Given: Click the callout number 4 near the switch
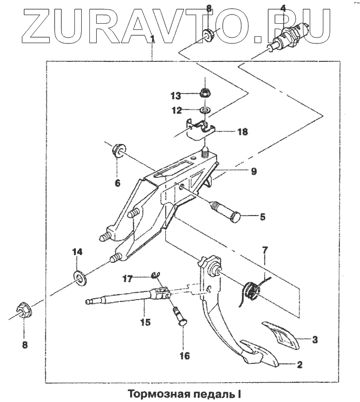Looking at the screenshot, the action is [x=283, y=8].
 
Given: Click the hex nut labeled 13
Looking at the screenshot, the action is [x=205, y=92].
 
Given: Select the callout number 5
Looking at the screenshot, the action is [x=262, y=217].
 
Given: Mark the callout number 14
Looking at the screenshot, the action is [x=78, y=252].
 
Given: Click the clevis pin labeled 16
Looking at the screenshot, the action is [x=180, y=322].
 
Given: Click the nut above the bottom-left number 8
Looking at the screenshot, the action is [x=24, y=310].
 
